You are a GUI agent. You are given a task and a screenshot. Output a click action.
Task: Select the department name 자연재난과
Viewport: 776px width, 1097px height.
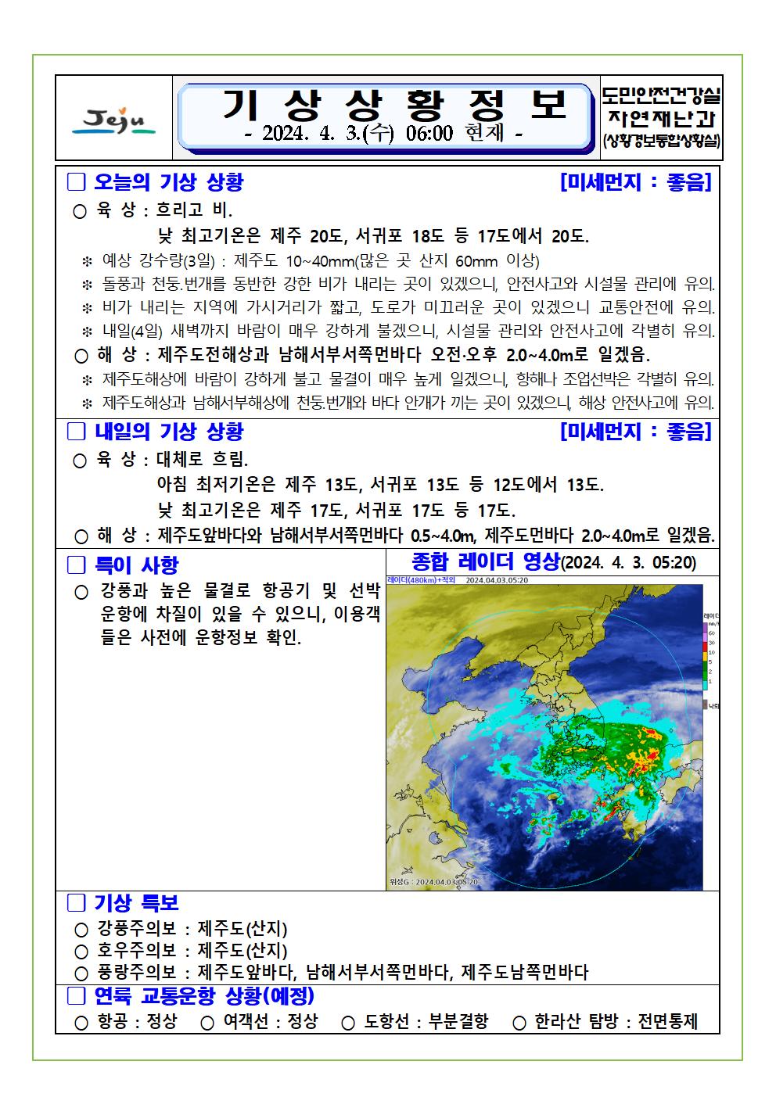[662, 118]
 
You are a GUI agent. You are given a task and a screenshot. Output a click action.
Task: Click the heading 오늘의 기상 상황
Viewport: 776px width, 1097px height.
[168, 182]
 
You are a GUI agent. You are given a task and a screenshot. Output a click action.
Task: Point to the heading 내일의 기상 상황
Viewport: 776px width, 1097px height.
[168, 432]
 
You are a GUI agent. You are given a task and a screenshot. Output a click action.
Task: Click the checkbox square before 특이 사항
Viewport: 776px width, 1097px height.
[76, 565]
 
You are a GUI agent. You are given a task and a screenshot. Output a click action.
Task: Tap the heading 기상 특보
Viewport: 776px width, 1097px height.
[136, 903]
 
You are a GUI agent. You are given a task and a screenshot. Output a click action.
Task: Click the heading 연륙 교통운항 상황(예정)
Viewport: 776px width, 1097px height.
[204, 996]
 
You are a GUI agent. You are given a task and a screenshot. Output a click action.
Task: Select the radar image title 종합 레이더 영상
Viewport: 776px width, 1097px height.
[485, 561]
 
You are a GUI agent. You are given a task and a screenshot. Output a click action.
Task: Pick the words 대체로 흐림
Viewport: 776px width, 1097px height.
[203, 459]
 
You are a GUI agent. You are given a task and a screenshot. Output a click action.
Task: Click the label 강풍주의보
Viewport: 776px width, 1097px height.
[137, 929]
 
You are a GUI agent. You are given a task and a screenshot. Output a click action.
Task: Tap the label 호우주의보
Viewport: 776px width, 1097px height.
[137, 951]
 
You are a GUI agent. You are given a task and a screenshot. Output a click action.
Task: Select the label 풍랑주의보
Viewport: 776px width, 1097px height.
[137, 973]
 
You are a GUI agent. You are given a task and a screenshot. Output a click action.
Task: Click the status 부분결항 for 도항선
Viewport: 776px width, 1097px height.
[458, 1021]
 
